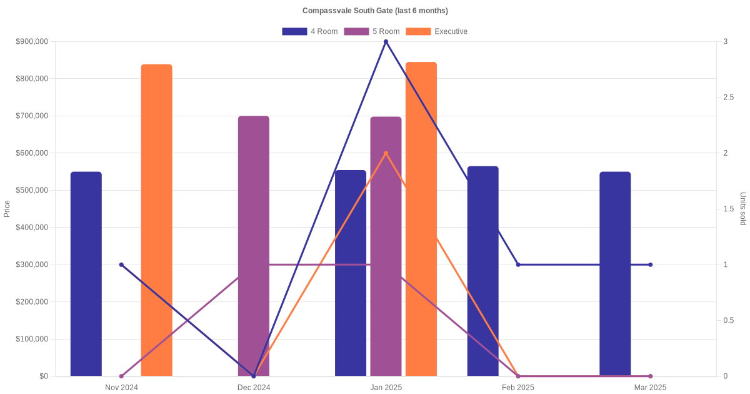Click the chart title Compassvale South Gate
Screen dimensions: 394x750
(375, 11)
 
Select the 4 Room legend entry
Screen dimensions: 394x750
(310, 31)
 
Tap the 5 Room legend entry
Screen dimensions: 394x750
(372, 31)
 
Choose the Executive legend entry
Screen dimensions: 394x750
(437, 31)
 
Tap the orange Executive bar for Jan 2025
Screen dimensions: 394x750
(421, 219)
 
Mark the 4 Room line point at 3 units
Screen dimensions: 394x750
(386, 42)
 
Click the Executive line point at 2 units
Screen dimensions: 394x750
(386, 153)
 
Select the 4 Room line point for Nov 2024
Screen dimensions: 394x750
(121, 265)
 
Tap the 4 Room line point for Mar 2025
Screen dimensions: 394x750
(650, 265)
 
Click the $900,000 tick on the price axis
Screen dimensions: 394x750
(32, 42)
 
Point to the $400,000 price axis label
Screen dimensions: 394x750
(32, 228)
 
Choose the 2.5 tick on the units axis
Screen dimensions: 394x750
(727, 98)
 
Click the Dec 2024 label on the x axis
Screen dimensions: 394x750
(254, 388)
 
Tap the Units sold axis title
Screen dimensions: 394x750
(743, 209)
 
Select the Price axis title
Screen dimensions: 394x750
(7, 209)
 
